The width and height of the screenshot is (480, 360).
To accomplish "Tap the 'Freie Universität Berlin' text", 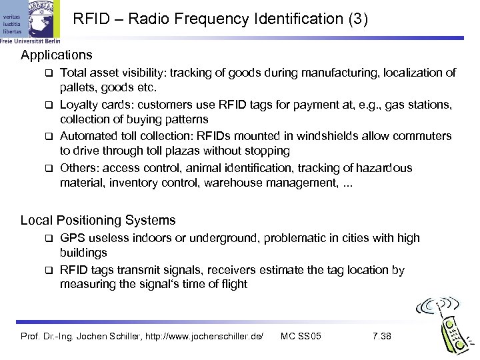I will [x=31, y=39].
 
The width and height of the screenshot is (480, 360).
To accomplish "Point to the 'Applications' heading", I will [x=57, y=54].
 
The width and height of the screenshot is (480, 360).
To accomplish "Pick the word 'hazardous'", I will [x=381, y=168].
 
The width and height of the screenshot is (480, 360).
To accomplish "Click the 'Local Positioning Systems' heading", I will [x=98, y=220].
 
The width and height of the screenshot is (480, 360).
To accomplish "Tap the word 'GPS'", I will [x=72, y=238].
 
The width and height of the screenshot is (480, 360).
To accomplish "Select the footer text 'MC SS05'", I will [x=301, y=335].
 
